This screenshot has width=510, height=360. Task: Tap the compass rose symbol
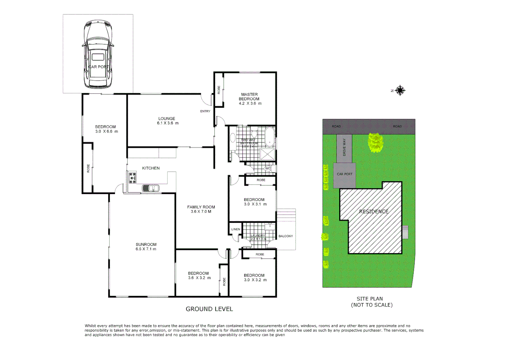pyautogui.click(x=400, y=90)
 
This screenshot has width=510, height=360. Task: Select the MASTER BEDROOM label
pyautogui.click(x=249, y=97)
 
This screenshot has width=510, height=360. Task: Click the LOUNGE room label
pyautogui.click(x=167, y=119)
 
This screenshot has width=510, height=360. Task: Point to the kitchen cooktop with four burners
pyautogui.click(x=132, y=178)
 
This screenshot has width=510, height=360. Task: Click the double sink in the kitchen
pyautogui.click(x=151, y=188)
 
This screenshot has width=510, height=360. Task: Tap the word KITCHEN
pyautogui.click(x=151, y=168)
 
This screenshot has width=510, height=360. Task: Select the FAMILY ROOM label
pyautogui.click(x=201, y=207)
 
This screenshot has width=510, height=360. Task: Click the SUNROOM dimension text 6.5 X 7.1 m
pyautogui.click(x=146, y=249)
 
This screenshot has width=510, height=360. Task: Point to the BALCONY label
pyautogui.click(x=286, y=236)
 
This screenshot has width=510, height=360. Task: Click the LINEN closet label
pyautogui.click(x=235, y=229)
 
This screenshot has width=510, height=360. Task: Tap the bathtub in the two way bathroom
pyautogui.click(x=269, y=137)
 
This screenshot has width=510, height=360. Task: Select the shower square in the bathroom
pyautogui.click(x=268, y=154)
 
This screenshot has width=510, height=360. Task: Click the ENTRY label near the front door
pyautogui.click(x=205, y=111)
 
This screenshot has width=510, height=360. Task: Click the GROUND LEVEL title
pyautogui.click(x=209, y=309)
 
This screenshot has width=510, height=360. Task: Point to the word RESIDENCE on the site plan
pyautogui.click(x=374, y=211)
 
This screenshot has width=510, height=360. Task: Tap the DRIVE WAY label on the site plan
pyautogui.click(x=344, y=147)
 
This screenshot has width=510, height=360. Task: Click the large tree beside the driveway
pyautogui.click(x=376, y=142)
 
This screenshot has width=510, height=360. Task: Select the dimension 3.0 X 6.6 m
pyautogui.click(x=106, y=131)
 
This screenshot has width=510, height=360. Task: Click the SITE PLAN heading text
pyautogui.click(x=370, y=299)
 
